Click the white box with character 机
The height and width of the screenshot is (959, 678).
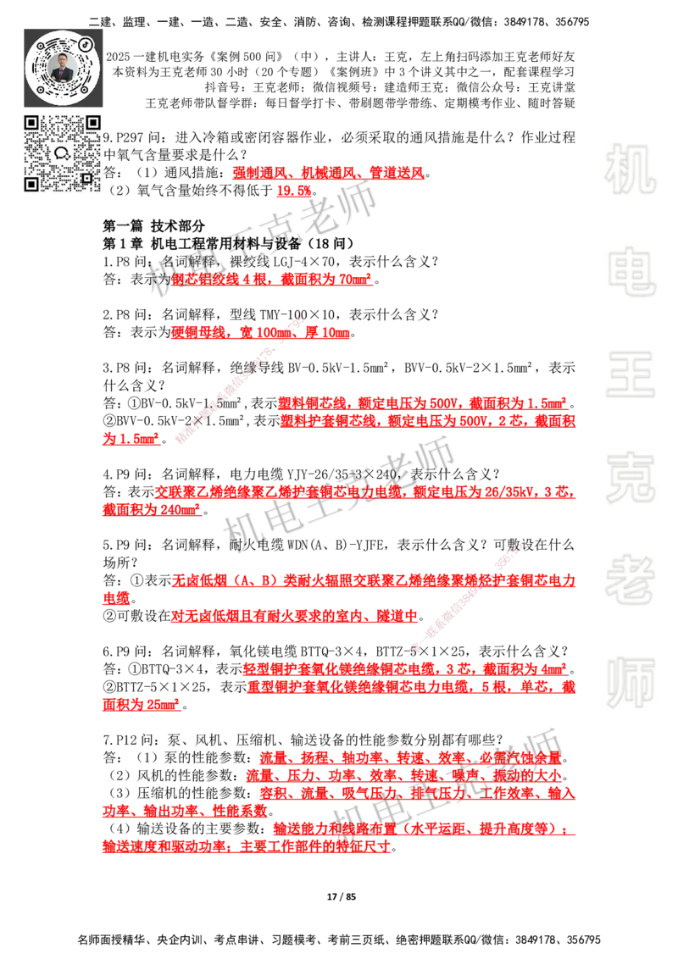(x=630, y=169)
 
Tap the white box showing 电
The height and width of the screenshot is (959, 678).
(x=633, y=271)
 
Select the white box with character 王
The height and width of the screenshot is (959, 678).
(x=630, y=373)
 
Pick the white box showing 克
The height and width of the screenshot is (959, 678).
(x=630, y=478)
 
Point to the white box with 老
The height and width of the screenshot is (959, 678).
(x=630, y=579)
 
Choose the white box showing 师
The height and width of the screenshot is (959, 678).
(x=630, y=685)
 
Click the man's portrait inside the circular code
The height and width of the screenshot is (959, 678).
(x=64, y=67)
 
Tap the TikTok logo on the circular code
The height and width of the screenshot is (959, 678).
(x=86, y=42)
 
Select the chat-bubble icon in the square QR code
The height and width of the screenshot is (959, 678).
(x=63, y=153)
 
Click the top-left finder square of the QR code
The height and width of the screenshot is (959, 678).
(x=32, y=124)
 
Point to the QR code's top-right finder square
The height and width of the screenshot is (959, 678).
(x=93, y=124)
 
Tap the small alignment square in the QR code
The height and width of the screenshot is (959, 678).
(x=86, y=176)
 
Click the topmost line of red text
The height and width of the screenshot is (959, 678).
(x=329, y=175)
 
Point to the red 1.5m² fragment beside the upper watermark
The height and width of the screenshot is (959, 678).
(x=131, y=441)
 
